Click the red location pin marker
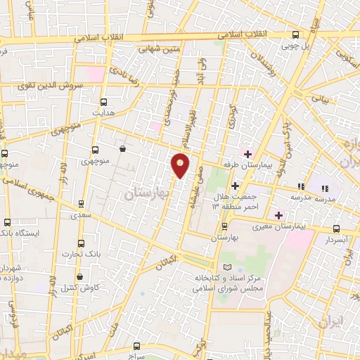[181, 165]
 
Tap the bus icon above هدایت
[103, 101]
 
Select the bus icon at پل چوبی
[295, 34]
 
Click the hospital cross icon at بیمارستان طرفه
[247, 153]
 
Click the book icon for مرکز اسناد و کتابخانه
[226, 266]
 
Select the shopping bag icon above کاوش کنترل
[79, 276]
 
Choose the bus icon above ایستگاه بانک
[6, 222]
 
